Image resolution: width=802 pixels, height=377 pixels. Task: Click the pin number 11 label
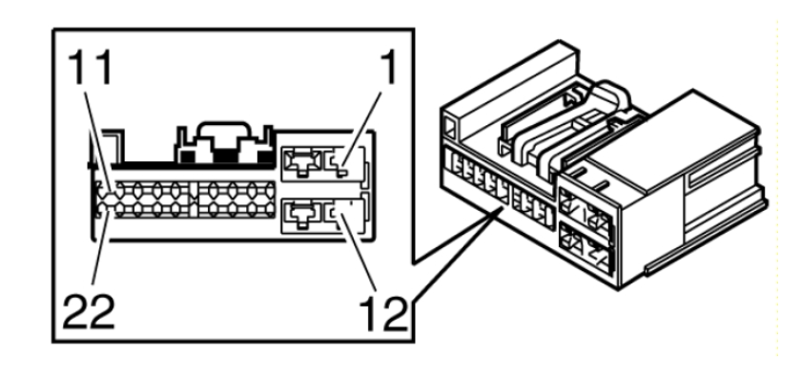pyautogui.click(x=91, y=68)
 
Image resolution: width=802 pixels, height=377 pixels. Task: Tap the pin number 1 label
pyautogui.click(x=389, y=67)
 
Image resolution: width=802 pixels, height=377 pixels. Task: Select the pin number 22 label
pyautogui.click(x=89, y=312)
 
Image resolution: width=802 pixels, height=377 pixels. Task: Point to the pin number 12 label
pyautogui.click(x=383, y=313)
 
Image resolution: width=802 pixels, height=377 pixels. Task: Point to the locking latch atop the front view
pyautogui.click(x=223, y=144)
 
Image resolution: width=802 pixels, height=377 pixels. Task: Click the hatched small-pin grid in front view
pyautogui.click(x=185, y=199)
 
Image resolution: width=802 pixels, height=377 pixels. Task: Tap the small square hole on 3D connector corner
pyautogui.click(x=449, y=127)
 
